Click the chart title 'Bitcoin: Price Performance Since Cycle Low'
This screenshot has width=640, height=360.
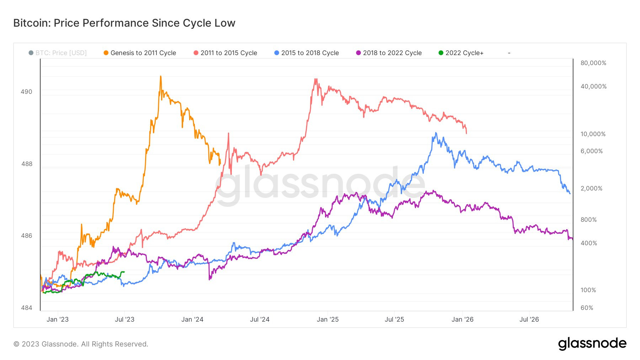pos(124,23)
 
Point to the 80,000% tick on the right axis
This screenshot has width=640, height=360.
pos(593,63)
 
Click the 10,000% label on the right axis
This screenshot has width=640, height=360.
pos(593,134)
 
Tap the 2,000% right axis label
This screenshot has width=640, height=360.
pos(591,188)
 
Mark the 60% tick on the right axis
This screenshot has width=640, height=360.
pos(587,308)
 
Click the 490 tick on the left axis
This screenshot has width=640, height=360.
pos(26,92)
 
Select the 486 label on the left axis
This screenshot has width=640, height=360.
pos(26,236)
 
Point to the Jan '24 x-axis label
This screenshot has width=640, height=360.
pos(192,319)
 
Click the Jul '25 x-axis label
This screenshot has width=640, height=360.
pos(394,319)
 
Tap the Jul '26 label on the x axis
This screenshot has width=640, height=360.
pos(529,319)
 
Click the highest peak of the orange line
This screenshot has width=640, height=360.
pos(160,76)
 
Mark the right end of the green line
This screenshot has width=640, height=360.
pos(124,272)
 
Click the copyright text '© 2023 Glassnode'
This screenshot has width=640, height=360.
pos(81,344)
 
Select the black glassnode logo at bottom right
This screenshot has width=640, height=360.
pos(592,344)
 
